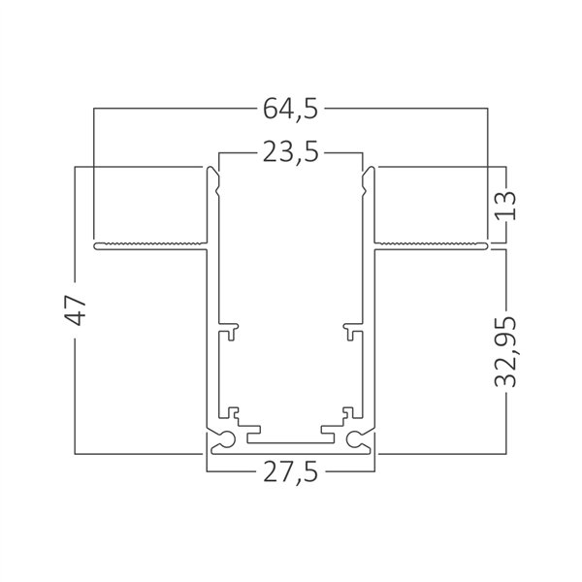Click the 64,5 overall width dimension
[290, 109]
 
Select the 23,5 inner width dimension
[290, 154]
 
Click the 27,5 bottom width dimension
[290, 473]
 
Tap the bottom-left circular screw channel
[222, 438]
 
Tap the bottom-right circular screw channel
[359, 438]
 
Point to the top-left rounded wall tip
[212, 175]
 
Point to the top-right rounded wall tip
[369, 175]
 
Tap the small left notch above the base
[234, 411]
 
